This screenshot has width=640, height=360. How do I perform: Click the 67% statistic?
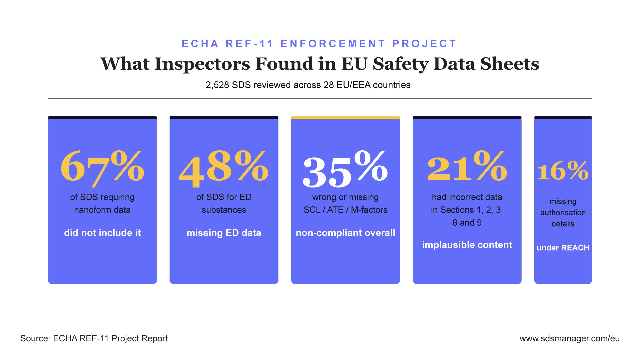coord(102,167)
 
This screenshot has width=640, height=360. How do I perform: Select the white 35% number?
coord(345,168)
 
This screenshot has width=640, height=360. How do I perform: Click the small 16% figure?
coord(563,171)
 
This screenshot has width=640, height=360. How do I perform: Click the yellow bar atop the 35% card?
coord(345,118)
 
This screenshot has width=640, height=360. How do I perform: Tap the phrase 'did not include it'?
coord(102,233)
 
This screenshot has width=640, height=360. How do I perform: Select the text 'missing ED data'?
coord(224,233)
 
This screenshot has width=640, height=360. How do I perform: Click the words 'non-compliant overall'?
coord(345,233)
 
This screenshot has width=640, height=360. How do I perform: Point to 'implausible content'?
coord(467,245)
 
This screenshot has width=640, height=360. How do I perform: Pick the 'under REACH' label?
coord(563,248)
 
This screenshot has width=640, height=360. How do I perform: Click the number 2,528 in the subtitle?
coord(217,85)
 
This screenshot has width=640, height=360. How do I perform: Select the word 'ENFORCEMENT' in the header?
coord(333,44)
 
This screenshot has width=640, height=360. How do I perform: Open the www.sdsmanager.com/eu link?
coord(569,338)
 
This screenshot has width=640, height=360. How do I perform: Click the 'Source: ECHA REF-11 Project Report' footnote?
coord(94,338)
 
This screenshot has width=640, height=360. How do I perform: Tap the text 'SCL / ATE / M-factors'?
coord(345,210)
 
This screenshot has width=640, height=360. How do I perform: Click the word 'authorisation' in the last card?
coord(563,212)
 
